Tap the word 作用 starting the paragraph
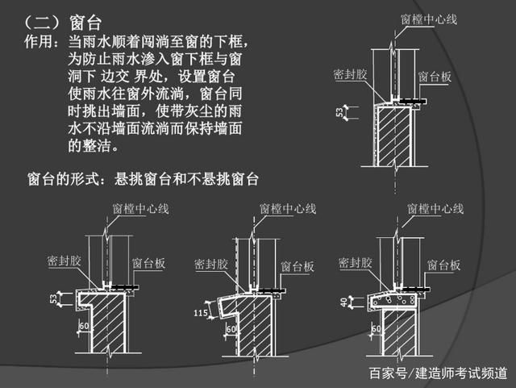pyautogui.click(x=41, y=40)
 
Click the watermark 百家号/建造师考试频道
pyautogui.click(x=437, y=373)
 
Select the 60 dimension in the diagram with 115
pyautogui.click(x=232, y=328)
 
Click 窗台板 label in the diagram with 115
pyautogui.click(x=297, y=265)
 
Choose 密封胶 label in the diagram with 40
pyautogui.click(x=355, y=263)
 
